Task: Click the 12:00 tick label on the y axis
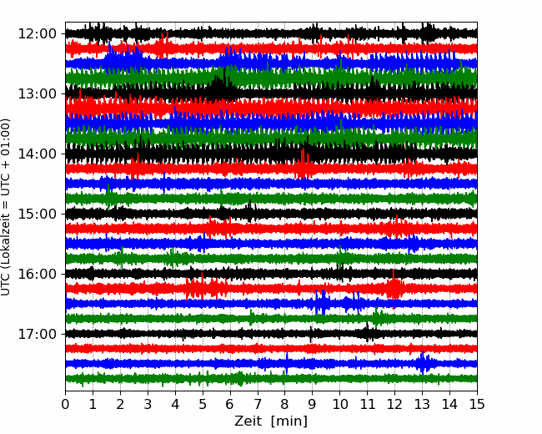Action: (x=37, y=34)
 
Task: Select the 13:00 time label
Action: (x=37, y=93)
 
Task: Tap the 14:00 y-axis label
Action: (x=37, y=154)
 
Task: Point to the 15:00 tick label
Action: (x=37, y=214)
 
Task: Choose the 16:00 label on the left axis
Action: (x=37, y=274)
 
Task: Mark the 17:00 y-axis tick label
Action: (x=37, y=334)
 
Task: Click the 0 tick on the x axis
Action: (x=65, y=404)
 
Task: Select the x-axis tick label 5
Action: (x=203, y=404)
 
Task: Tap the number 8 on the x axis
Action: (x=285, y=404)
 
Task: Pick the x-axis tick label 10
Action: (x=339, y=404)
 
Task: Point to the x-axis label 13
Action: (x=422, y=404)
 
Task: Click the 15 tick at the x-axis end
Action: (x=477, y=404)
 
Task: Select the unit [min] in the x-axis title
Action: (x=289, y=421)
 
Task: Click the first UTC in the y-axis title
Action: (x=5, y=286)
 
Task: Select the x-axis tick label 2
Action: (x=120, y=404)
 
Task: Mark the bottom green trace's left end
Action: (x=66, y=379)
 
